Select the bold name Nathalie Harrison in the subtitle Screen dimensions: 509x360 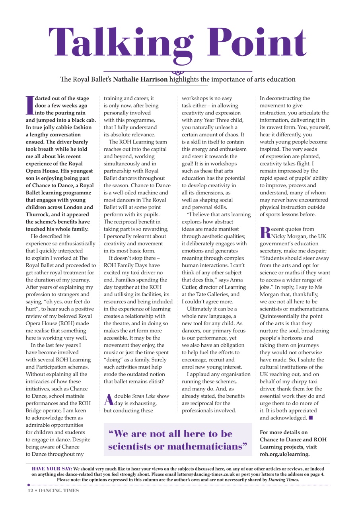tap(140, 79)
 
